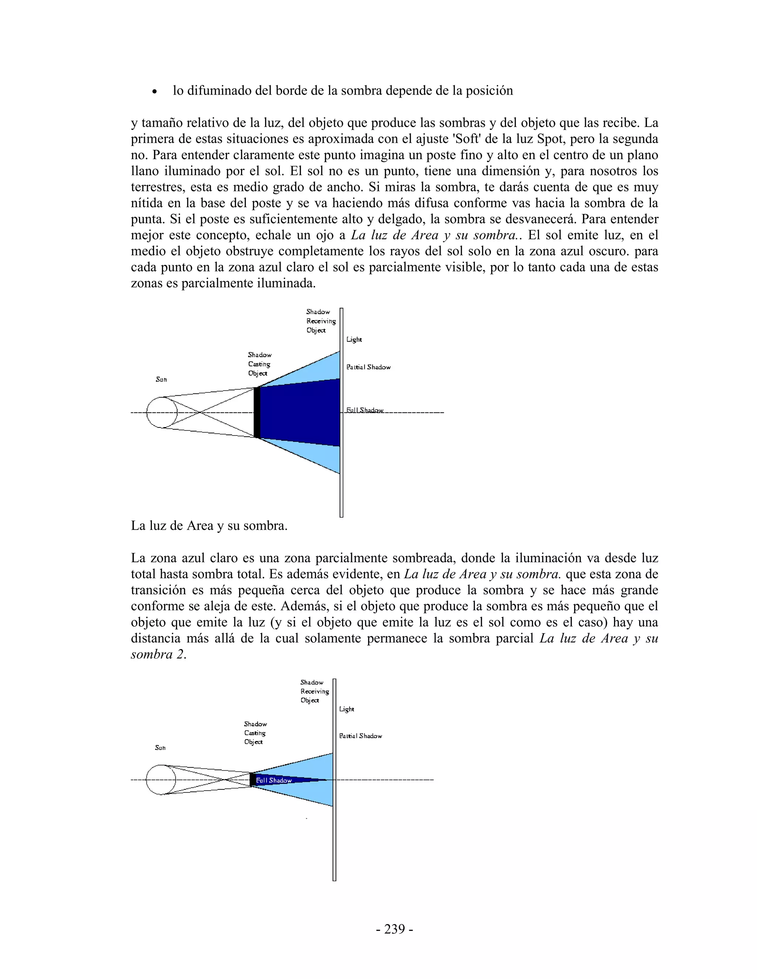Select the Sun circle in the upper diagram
[x=162, y=412]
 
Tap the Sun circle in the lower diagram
[x=161, y=780]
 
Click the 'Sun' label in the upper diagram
[x=162, y=380]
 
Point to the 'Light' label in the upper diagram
[x=354, y=340]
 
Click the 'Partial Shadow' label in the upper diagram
[x=368, y=367]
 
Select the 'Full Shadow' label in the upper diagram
[x=364, y=410]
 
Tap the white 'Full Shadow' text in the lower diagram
[x=274, y=780]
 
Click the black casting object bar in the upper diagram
[x=257, y=412]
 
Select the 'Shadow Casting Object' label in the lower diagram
[x=255, y=733]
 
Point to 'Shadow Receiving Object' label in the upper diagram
[x=320, y=321]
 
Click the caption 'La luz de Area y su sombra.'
[x=209, y=526]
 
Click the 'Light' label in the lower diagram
[x=347, y=709]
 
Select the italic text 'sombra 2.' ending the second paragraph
[x=158, y=655]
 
